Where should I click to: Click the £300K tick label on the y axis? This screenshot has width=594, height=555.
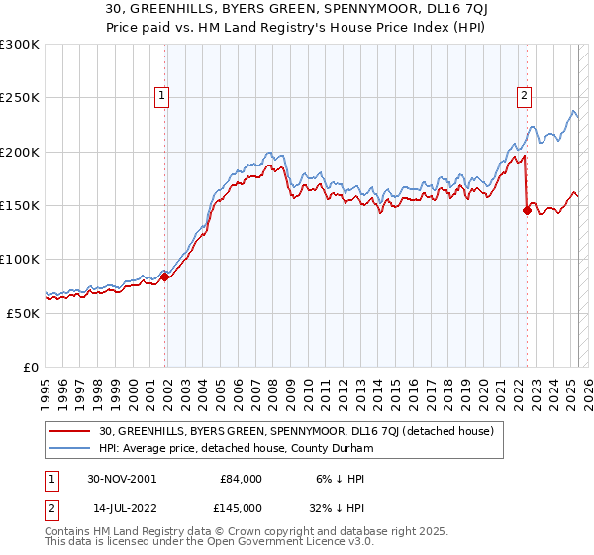point(20,45)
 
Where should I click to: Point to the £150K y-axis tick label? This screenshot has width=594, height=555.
point(20,206)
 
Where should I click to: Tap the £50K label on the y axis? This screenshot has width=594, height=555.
point(24,313)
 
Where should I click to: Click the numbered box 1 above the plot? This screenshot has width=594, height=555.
point(160,96)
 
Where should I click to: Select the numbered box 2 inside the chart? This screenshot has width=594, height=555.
point(523,96)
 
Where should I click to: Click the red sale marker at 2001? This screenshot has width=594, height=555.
point(165,277)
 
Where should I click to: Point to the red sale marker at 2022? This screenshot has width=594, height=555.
point(527,210)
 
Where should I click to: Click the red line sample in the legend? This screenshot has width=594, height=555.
point(71,431)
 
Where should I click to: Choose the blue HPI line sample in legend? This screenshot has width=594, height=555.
point(71,448)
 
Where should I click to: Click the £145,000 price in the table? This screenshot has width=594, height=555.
point(241,508)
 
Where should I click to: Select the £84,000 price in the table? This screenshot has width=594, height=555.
point(241,479)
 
